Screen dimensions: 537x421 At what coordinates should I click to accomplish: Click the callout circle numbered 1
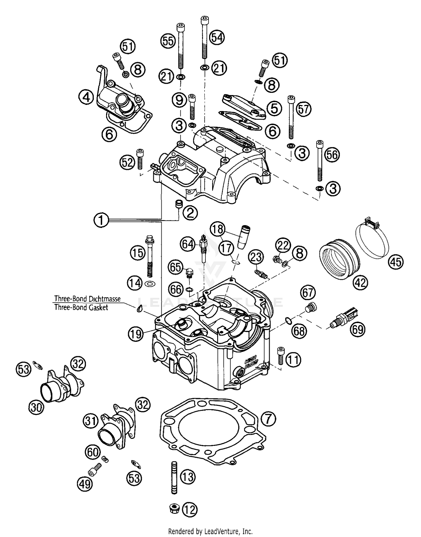[x=101, y=220]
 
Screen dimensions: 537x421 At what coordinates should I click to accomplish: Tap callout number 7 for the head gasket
[x=268, y=420]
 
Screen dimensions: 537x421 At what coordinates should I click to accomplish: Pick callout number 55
[x=168, y=41]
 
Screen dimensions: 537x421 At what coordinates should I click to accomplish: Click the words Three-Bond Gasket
[x=81, y=307]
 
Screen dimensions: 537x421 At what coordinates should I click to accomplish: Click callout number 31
[x=91, y=421]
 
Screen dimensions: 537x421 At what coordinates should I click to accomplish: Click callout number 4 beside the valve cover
[x=86, y=98]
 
